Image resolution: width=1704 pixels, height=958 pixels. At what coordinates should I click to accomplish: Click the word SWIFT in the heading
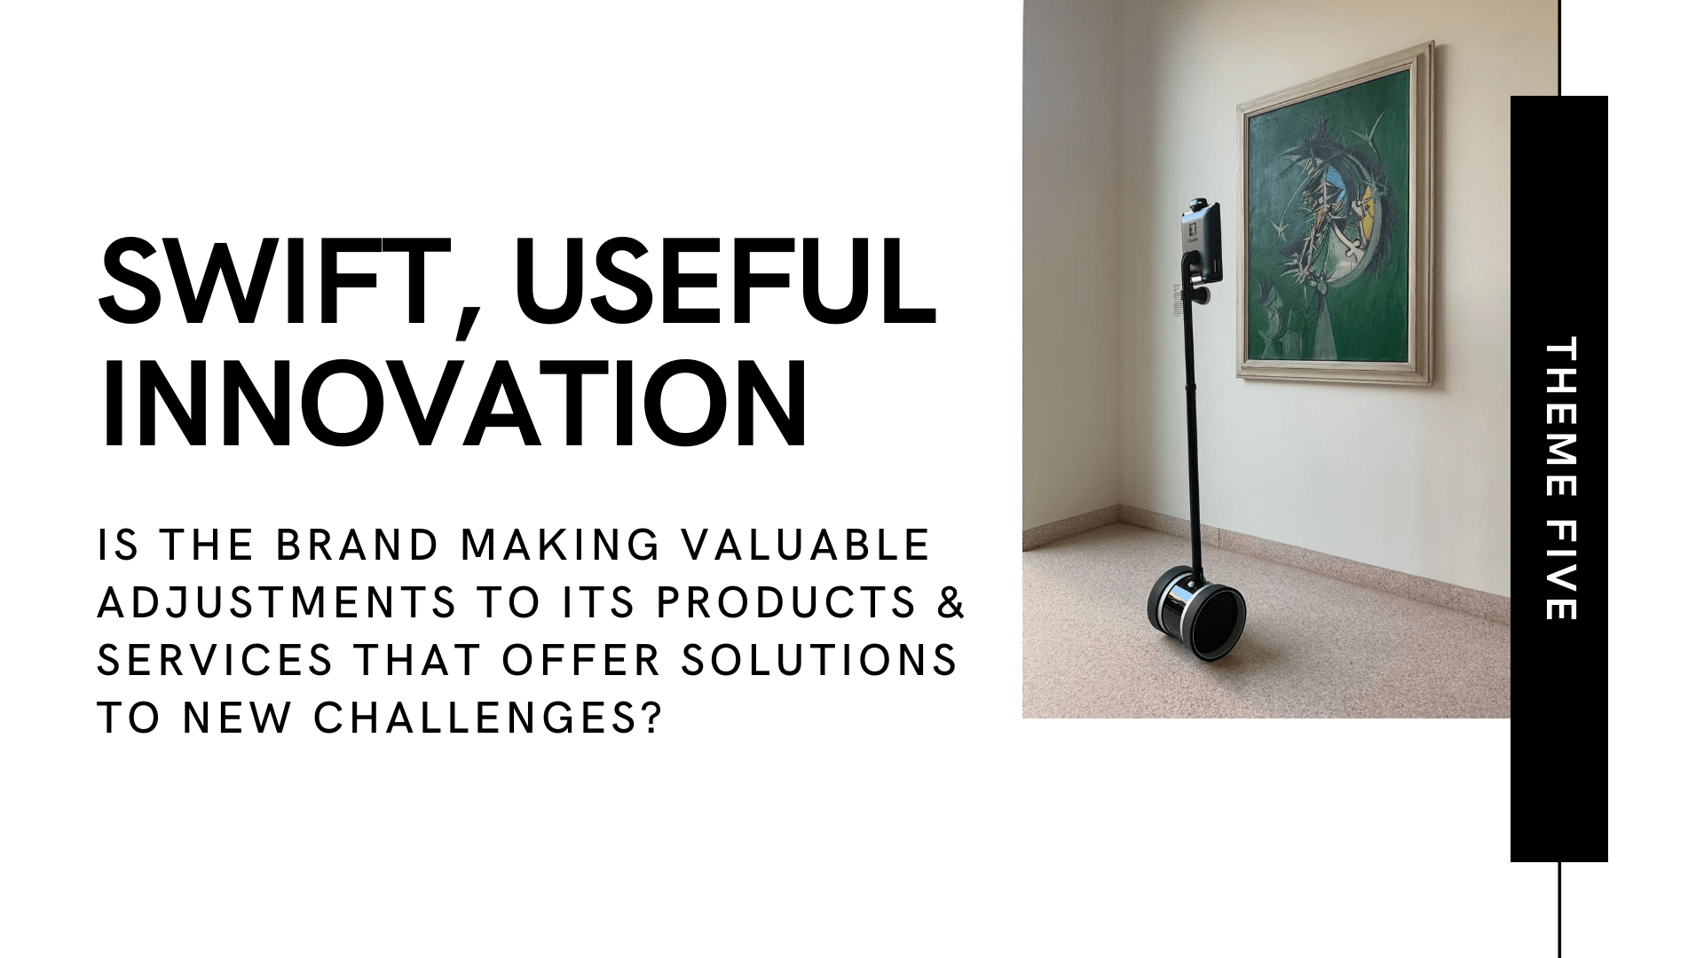(272, 283)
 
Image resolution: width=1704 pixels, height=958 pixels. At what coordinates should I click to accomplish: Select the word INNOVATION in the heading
(453, 404)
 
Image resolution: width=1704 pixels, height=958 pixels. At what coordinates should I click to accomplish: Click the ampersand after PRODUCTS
(951, 602)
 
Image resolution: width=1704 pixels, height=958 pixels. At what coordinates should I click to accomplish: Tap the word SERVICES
(215, 660)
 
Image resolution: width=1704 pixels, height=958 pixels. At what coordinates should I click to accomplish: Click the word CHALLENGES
(466, 718)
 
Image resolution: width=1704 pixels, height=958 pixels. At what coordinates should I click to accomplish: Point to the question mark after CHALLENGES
(651, 718)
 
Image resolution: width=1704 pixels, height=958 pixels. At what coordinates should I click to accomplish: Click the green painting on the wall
(1334, 212)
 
